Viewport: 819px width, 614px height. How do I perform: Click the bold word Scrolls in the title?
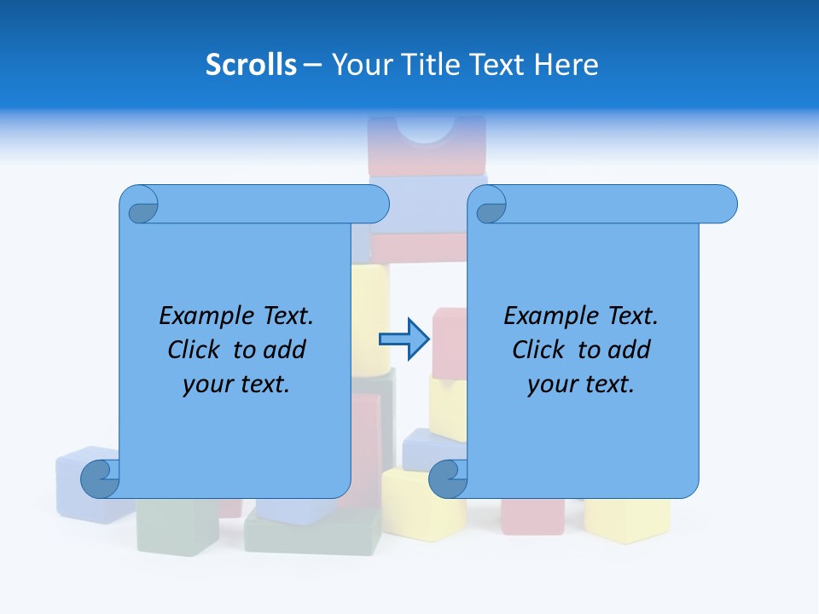pyautogui.click(x=251, y=65)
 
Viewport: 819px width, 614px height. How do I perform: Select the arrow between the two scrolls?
pyautogui.click(x=404, y=339)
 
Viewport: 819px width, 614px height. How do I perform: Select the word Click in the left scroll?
pyautogui.click(x=196, y=350)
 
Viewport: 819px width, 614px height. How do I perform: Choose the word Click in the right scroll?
pyautogui.click(x=539, y=350)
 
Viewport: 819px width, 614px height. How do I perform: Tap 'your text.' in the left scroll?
pyautogui.click(x=236, y=385)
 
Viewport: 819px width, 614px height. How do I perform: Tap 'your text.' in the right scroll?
pyautogui.click(x=581, y=385)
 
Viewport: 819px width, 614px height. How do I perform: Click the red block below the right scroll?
pyautogui.click(x=531, y=516)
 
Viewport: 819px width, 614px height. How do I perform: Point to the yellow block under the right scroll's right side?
pyautogui.click(x=627, y=519)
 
